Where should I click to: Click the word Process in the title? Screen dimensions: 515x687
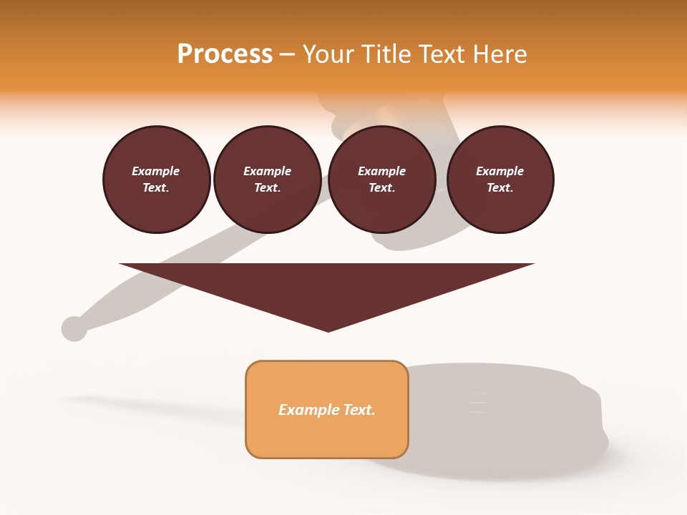point(225,54)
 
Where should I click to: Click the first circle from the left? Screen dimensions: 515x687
point(156,179)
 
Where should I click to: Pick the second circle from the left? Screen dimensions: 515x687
point(267,179)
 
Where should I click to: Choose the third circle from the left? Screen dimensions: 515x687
point(381,179)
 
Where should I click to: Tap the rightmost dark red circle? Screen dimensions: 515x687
point(500,179)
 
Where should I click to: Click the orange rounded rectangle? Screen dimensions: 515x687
point(327,409)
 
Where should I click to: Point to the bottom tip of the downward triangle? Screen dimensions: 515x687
point(328,330)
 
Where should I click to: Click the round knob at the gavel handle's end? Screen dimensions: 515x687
point(74,328)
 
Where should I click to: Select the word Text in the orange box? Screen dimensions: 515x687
point(360,410)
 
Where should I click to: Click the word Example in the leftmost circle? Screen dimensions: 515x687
point(156,171)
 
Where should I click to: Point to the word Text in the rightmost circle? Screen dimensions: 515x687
point(500,188)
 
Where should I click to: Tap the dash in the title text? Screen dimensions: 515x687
point(287,54)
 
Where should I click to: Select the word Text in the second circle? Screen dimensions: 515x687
point(267,188)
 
